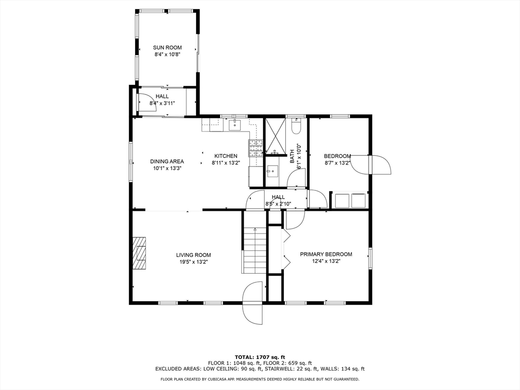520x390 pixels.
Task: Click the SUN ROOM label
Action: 167,48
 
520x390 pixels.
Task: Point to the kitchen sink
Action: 236,125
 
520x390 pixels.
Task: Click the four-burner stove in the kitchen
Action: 255,147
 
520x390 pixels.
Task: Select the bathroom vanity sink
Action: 273,171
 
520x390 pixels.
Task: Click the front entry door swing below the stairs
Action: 253,303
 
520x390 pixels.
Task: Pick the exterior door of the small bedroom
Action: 379,165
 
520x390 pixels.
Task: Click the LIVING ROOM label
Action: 193,255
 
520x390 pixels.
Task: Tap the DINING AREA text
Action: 167,161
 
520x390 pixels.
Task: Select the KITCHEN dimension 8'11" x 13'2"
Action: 225,163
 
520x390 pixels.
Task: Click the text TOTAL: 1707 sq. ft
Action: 260,356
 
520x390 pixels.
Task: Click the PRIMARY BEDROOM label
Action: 326,254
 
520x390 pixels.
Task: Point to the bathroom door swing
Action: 297,179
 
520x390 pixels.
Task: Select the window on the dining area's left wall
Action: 131,161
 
